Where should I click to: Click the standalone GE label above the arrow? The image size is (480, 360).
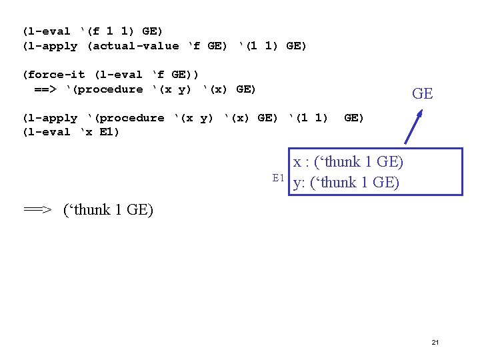[423, 94]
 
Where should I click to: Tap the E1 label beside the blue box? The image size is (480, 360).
[279, 177]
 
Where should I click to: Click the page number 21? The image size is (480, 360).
[435, 342]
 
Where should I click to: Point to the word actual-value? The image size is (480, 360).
[133, 46]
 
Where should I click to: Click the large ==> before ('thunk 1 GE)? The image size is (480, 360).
[38, 210]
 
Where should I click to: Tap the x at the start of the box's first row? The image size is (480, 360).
[297, 162]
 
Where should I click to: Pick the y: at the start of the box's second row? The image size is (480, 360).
[299, 183]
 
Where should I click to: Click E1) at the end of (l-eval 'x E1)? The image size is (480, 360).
[108, 132]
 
